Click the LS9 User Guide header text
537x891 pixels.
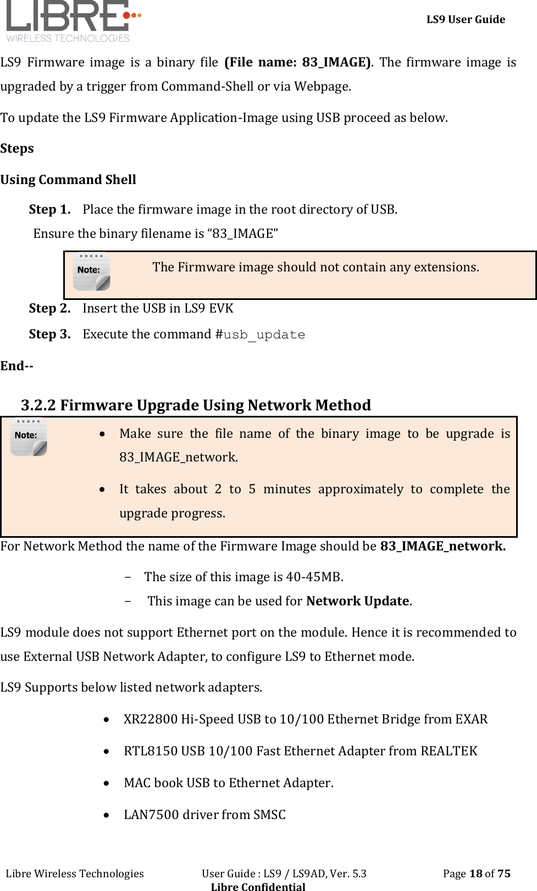pyautogui.click(x=466, y=19)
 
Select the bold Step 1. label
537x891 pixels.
pyautogui.click(x=49, y=209)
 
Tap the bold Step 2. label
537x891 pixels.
pyautogui.click(x=49, y=308)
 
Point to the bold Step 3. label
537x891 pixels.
pyautogui.click(x=49, y=334)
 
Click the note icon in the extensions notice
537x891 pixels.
pyautogui.click(x=91, y=271)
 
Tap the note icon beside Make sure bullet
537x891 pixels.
pyautogui.click(x=29, y=437)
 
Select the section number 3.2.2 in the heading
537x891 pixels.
pyautogui.click(x=38, y=405)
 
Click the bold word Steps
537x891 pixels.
pyautogui.click(x=17, y=148)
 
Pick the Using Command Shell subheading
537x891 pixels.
pyautogui.click(x=68, y=180)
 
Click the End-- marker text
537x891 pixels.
pyautogui.click(x=17, y=366)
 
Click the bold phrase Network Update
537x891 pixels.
pyautogui.click(x=357, y=601)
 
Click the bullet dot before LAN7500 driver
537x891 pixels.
pyautogui.click(x=107, y=815)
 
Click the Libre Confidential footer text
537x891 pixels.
pyautogui.click(x=258, y=886)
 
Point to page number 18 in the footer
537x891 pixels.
pyautogui.click(x=475, y=873)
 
